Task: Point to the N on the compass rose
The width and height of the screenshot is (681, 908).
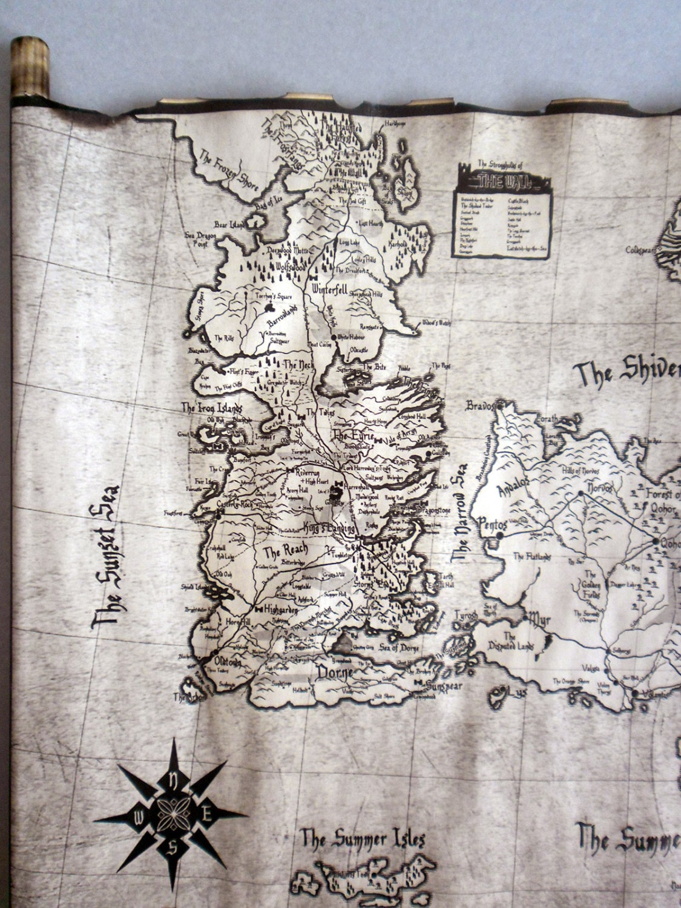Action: [173, 778]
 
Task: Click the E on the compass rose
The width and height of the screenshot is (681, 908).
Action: [206, 814]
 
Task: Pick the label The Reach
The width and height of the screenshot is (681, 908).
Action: [285, 551]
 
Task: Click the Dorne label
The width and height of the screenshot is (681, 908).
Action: [335, 673]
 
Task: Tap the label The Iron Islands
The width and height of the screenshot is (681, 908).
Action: [211, 407]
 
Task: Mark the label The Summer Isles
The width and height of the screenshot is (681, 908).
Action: [363, 839]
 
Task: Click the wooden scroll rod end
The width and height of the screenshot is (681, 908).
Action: [30, 67]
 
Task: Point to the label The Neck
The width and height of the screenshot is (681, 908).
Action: [297, 365]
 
